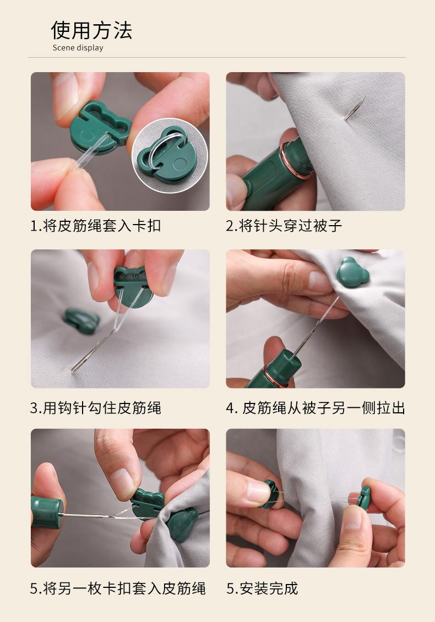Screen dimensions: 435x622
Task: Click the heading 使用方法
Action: [92, 30]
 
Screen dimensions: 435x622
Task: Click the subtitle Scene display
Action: [78, 48]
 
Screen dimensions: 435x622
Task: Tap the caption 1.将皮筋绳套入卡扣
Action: [96, 226]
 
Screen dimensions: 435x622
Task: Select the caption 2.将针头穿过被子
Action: [284, 226]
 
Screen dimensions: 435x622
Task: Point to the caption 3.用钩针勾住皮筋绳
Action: [96, 408]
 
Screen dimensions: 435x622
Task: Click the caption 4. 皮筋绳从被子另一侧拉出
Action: [315, 408]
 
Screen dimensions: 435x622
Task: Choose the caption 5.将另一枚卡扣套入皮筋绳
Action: [118, 588]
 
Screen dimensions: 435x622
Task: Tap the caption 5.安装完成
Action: [262, 588]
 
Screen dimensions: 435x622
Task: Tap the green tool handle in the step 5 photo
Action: [46, 512]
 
